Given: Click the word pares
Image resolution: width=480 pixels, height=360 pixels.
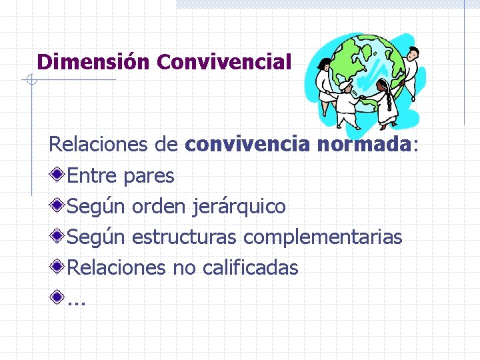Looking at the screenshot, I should (149, 176).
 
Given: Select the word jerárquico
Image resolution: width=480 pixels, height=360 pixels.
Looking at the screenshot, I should (239, 207).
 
